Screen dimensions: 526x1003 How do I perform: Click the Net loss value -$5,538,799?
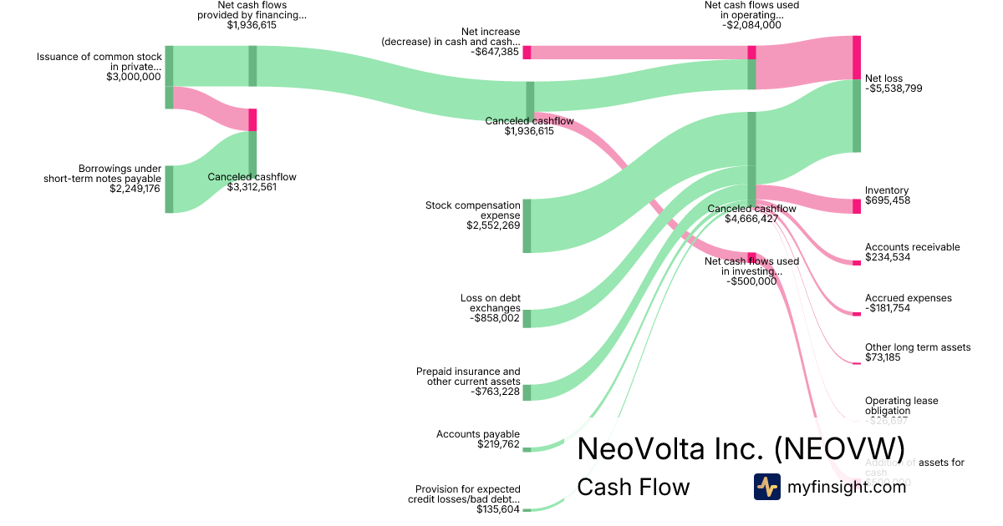(x=894, y=89)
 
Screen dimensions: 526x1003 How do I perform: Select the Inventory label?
(x=887, y=190)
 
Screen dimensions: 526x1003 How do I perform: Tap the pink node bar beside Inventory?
(x=856, y=206)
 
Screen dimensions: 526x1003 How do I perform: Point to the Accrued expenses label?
(x=908, y=298)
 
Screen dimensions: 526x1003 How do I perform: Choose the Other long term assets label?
(x=918, y=347)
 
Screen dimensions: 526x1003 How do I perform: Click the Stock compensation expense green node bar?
(x=527, y=225)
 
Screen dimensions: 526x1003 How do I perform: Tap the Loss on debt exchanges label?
(x=490, y=302)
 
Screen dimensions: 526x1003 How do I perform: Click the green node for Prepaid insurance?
(x=527, y=392)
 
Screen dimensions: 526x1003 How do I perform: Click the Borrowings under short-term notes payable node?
(x=169, y=189)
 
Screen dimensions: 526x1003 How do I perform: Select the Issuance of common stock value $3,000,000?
(x=133, y=77)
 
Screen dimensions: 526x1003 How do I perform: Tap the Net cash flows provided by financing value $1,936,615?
(x=251, y=25)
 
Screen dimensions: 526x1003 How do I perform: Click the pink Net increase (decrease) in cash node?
(x=527, y=53)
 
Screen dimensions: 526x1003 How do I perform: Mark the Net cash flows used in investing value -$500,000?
(x=751, y=281)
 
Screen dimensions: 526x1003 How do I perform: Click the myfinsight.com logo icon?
(x=766, y=487)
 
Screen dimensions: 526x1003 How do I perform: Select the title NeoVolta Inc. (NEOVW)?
(x=741, y=448)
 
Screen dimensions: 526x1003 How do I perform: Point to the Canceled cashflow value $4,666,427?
(x=751, y=219)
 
